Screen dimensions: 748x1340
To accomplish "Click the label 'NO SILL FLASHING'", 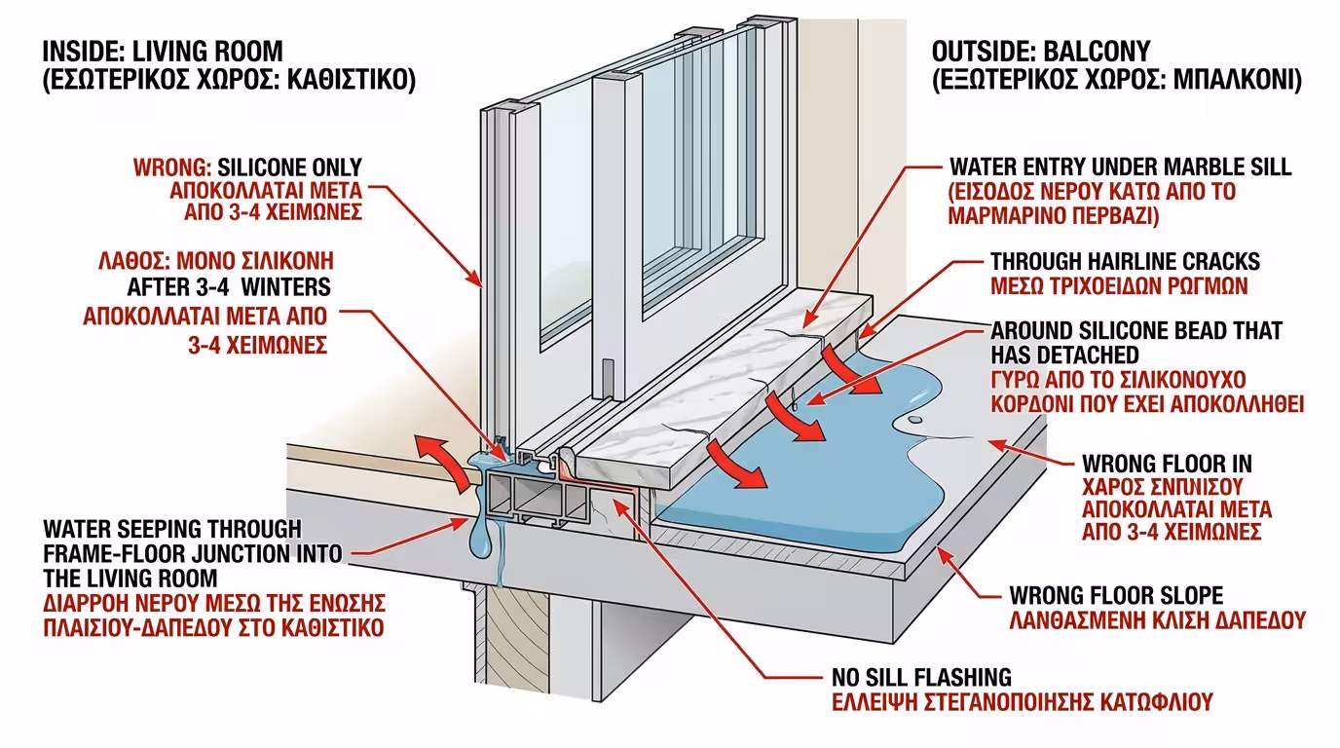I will coord(921,677).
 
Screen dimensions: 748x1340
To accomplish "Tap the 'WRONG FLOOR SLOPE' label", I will coord(1116,594).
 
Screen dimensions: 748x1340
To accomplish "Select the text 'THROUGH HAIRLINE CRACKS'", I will coord(1125,262).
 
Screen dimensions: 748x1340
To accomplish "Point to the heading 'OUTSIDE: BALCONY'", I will coord(1041,51).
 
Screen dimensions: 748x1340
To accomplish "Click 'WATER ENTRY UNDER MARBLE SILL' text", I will coord(1121,167).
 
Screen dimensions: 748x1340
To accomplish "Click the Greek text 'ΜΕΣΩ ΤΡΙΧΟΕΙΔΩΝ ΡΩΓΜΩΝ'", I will coord(1119,286).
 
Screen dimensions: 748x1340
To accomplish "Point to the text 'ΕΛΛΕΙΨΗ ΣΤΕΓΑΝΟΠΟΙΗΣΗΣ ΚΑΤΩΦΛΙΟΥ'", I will coord(1023,701).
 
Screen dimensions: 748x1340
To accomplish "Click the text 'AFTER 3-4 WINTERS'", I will coord(230,287).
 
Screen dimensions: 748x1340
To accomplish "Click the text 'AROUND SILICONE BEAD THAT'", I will coord(1136,331).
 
